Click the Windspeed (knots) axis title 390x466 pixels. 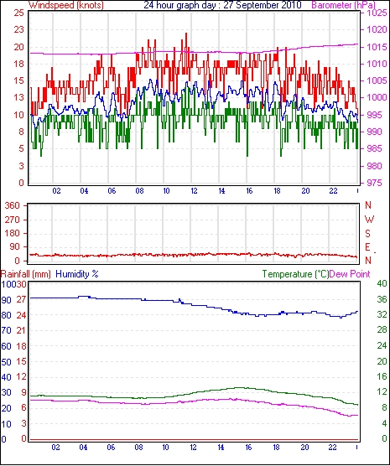click(x=66, y=5)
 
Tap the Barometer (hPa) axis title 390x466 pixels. click(x=344, y=5)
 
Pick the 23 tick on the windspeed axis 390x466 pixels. click(x=18, y=29)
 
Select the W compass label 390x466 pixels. click(x=369, y=220)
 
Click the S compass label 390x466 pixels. click(x=368, y=234)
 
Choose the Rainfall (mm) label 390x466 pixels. click(x=26, y=274)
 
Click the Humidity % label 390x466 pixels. click(x=77, y=274)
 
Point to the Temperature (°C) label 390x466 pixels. click(x=295, y=274)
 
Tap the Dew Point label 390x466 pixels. click(x=350, y=274)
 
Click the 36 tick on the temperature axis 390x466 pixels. click(x=382, y=299)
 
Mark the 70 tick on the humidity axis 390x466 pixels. click(x=6, y=330)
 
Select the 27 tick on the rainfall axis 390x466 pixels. click(x=21, y=299)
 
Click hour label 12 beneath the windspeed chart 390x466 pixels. click(x=194, y=191)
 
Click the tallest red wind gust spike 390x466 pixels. click(x=186, y=34)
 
